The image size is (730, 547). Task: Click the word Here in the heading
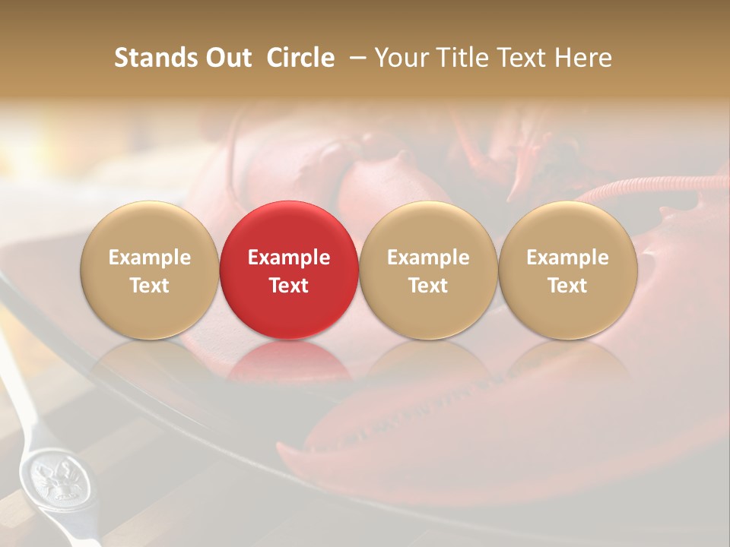583,58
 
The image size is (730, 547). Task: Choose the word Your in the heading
402,58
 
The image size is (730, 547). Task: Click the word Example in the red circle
289,258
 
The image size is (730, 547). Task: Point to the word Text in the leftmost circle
150,286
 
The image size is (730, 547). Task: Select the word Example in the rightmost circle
568,258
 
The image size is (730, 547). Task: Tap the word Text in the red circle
289,286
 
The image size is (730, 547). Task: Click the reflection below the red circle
289,361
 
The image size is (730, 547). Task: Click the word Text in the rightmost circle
568,286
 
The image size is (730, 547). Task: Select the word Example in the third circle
428,258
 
